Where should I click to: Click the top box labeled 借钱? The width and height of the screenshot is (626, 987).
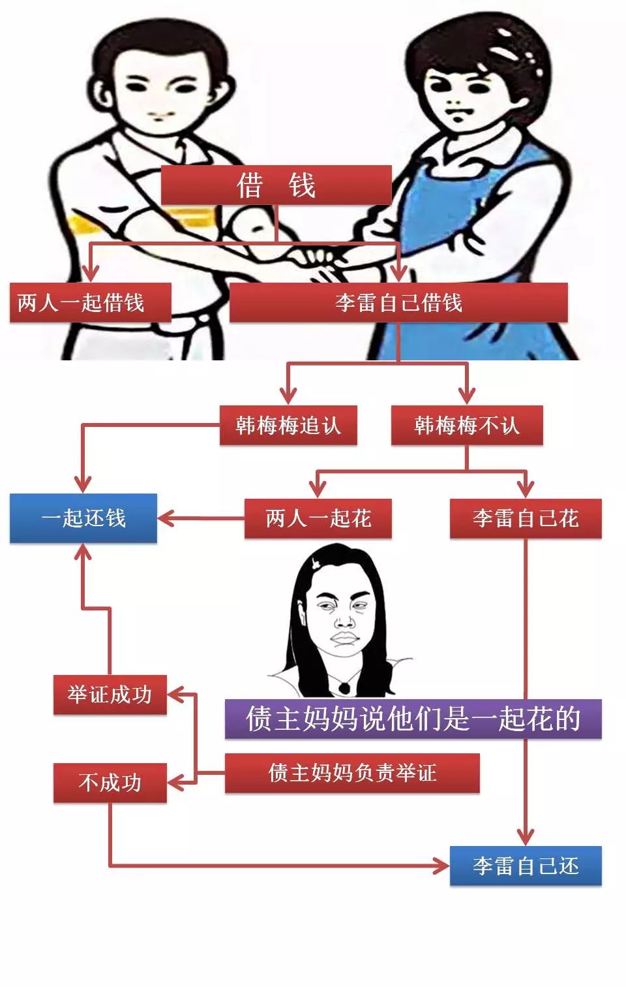click(276, 185)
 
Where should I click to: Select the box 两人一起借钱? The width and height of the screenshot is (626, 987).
click(90, 303)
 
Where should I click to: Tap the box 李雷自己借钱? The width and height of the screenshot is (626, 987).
click(398, 303)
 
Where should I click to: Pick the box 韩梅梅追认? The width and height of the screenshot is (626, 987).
click(288, 425)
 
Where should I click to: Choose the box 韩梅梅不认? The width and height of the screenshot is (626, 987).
click(467, 425)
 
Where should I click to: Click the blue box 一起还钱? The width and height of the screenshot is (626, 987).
click(83, 518)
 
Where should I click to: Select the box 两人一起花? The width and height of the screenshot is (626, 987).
click(318, 518)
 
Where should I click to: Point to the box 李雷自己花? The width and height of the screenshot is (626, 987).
click(526, 518)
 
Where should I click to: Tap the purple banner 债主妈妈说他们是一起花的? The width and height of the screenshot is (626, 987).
click(413, 719)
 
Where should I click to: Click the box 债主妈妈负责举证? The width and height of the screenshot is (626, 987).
click(352, 773)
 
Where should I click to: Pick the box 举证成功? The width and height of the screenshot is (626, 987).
click(110, 695)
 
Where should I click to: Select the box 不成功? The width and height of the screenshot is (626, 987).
click(110, 783)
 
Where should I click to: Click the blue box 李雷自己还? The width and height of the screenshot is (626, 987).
click(526, 866)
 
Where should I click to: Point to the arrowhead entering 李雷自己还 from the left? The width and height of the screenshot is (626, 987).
click(441, 866)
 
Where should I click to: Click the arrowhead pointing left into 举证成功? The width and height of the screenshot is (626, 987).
click(175, 695)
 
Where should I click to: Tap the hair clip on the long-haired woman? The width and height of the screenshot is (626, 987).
click(315, 563)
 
